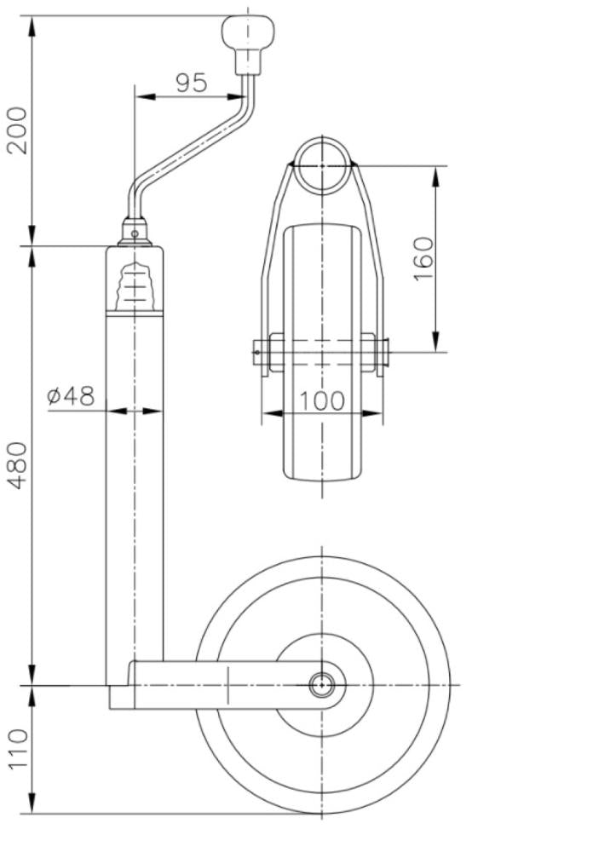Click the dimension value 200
[18, 130]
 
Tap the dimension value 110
[18, 748]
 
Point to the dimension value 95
[192, 83]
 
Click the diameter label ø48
[72, 396]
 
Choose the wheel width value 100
[322, 400]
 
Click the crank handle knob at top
[248, 32]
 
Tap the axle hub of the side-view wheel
[322, 684]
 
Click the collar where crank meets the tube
[134, 233]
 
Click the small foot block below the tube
[121, 697]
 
